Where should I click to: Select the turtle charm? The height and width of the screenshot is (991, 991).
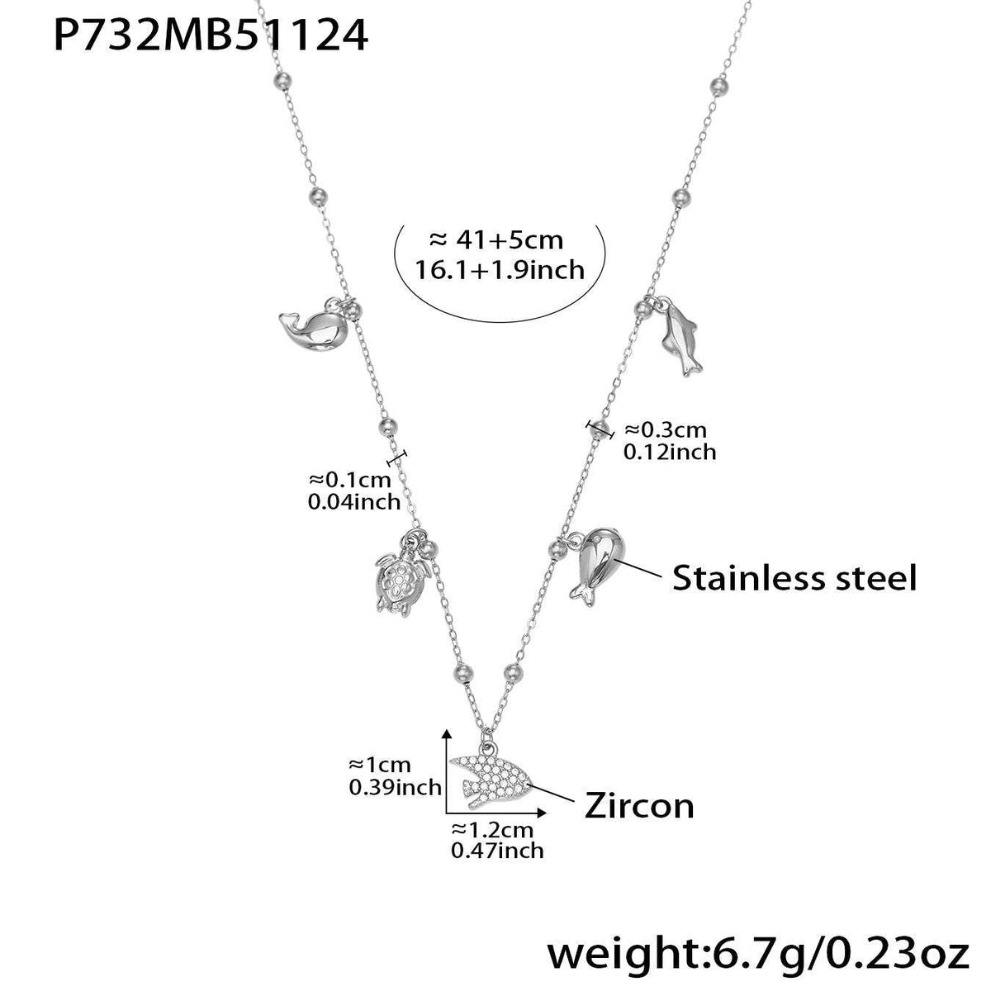click(396, 581)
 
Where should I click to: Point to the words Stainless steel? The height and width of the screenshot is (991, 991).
click(794, 577)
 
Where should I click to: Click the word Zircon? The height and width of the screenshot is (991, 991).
click(639, 804)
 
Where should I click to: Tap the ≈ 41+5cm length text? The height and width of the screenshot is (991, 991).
click(496, 240)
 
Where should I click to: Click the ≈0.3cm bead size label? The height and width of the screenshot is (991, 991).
click(666, 429)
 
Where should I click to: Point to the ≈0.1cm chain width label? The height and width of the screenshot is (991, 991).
click(353, 479)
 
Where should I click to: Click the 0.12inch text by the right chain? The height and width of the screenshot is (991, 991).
click(670, 452)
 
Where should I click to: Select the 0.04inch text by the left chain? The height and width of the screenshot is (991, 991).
click(353, 501)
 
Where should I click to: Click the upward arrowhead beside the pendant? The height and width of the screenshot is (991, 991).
click(447, 734)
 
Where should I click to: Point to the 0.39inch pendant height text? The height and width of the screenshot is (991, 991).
click(395, 787)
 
